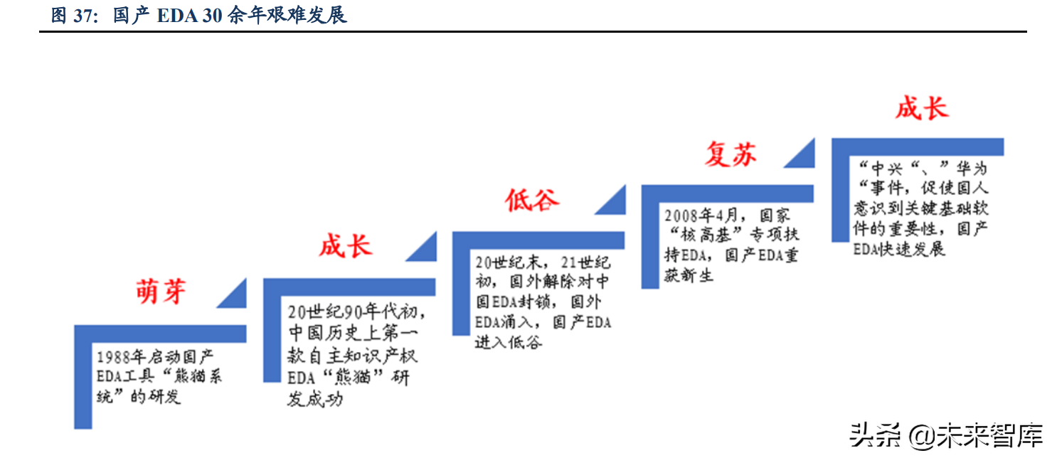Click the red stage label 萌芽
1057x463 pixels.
click(161, 291)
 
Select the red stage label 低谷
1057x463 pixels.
click(532, 201)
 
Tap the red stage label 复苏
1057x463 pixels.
click(731, 154)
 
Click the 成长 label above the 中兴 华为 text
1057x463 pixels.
click(922, 109)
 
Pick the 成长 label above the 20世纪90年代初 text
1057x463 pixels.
click(346, 246)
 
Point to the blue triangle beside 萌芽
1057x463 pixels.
click(233, 294)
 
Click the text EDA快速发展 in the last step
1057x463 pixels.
click(899, 250)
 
